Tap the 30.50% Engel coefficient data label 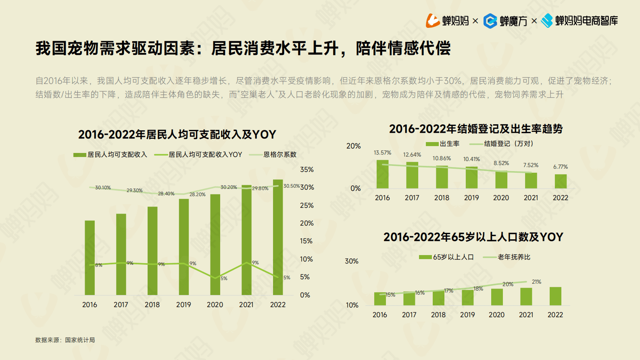pos(291,186)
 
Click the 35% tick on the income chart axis pos(306,170)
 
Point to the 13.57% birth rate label pos(382,153)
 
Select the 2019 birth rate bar pos(471,178)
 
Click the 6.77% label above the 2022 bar pos(560,167)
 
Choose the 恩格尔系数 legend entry pos(279,155)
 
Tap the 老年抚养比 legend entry pos(513,257)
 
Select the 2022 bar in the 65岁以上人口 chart pos(555,296)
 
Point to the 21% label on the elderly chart pos(536,282)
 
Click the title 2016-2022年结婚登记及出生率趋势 pos(475,129)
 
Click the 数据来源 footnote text pos(65,340)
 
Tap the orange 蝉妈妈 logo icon pos(433,21)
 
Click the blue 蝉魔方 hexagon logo pos(490,21)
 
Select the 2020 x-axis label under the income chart pos(215,305)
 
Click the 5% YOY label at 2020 pos(224,278)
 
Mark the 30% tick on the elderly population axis pos(351,261)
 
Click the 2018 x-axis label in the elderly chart pos(438,315)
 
